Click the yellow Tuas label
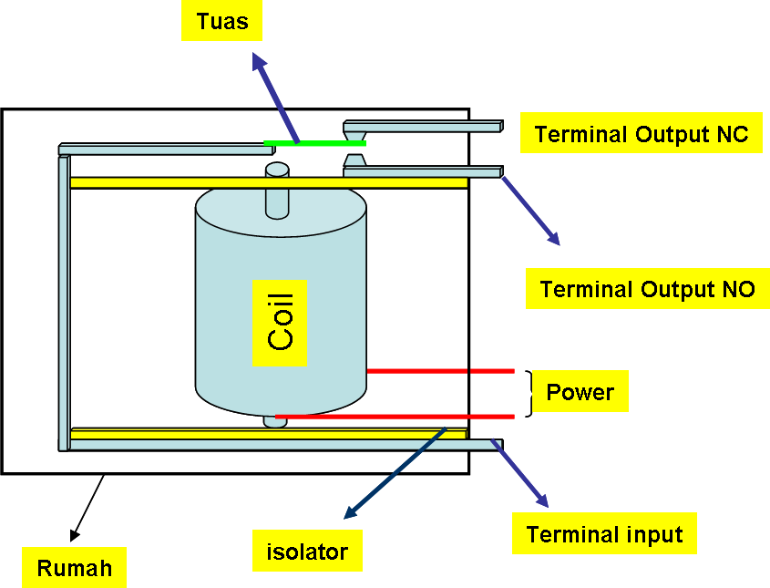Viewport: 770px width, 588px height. [221, 21]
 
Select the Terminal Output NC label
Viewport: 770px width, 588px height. [641, 133]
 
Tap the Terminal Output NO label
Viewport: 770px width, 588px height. [647, 288]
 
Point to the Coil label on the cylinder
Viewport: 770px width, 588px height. [280, 323]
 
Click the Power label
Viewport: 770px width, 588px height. [580, 391]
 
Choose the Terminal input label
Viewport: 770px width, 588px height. [604, 533]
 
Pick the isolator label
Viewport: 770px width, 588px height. [307, 551]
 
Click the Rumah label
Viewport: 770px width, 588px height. [74, 567]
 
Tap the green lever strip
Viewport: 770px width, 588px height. [314, 143]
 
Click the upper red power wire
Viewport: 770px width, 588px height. [440, 371]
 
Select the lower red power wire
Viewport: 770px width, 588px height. [395, 417]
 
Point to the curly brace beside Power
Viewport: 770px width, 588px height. [529, 394]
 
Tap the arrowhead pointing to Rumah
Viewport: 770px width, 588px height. [74, 535]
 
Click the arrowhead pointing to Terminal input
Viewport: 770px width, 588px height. [542, 500]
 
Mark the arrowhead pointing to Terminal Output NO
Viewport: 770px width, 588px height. [554, 238]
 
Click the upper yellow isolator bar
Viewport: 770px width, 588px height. [269, 183]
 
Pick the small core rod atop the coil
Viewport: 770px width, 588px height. [277, 191]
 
